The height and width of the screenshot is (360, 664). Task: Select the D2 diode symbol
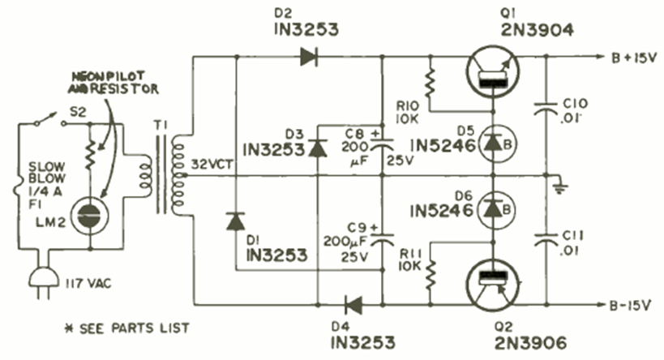point(308,57)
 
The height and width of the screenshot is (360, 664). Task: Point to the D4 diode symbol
point(353,306)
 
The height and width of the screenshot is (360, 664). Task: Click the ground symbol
point(557,188)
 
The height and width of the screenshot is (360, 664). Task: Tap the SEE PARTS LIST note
point(130,328)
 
